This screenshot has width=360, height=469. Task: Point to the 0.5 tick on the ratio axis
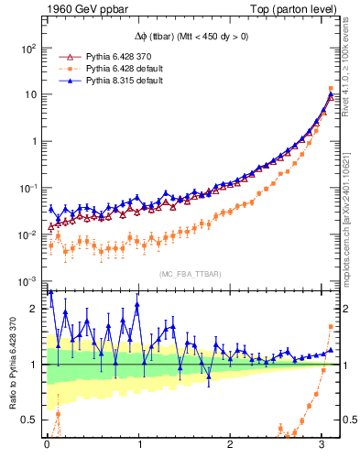click(31, 420)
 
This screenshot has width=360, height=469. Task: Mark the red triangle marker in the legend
click(64, 55)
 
